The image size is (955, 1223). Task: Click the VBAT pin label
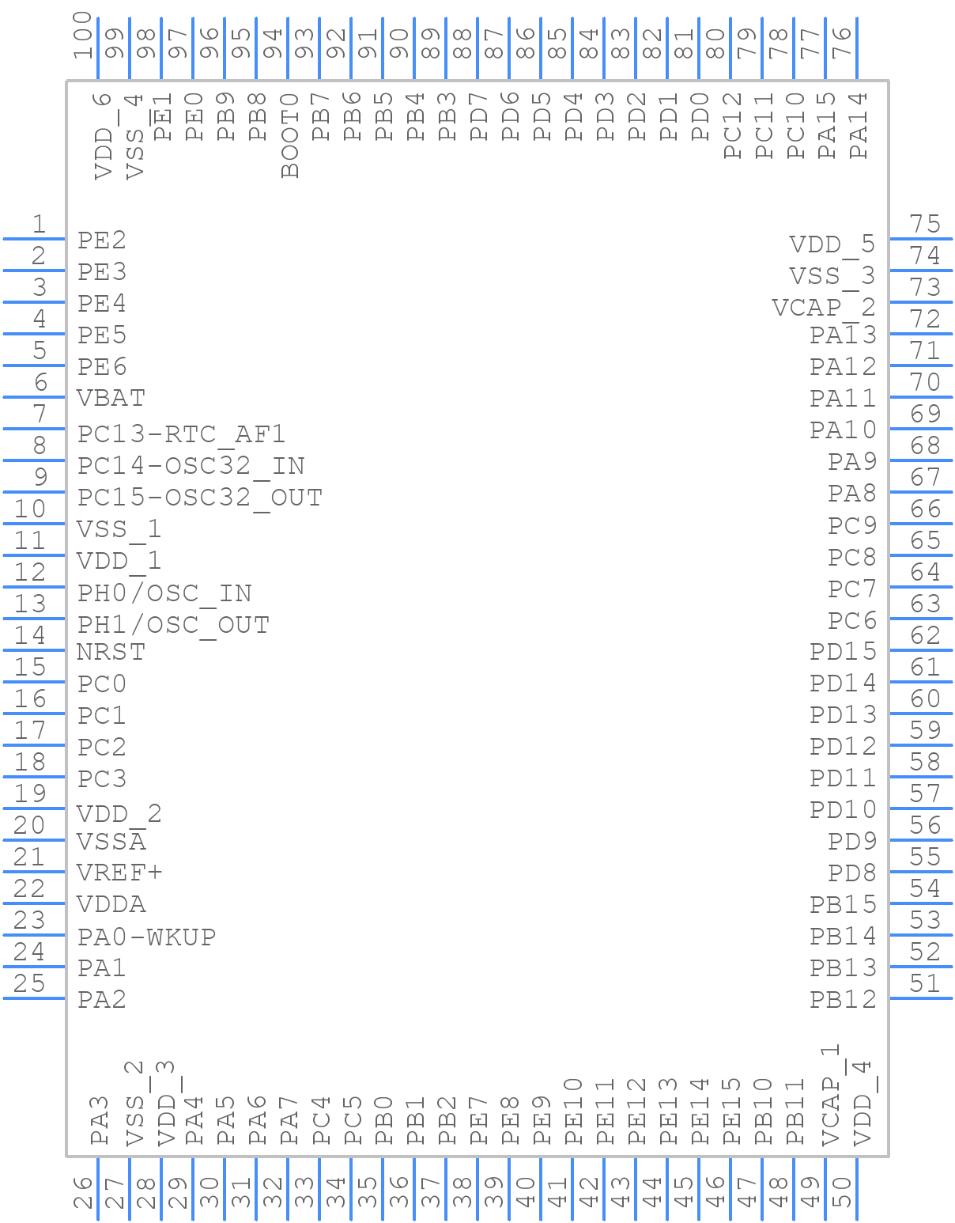tap(111, 398)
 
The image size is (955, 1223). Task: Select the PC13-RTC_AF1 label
tap(181, 434)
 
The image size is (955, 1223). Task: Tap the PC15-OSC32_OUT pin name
tap(199, 497)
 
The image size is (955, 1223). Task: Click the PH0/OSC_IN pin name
tap(164, 593)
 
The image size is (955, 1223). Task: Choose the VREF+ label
tap(119, 873)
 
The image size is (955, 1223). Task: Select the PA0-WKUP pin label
tap(146, 937)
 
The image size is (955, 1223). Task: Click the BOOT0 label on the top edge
tap(290, 135)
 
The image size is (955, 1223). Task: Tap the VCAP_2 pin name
tap(824, 307)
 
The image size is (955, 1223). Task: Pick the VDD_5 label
tap(832, 244)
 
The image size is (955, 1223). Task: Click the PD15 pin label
tap(843, 652)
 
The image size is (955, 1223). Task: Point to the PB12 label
tap(843, 999)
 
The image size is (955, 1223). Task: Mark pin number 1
tap(38, 225)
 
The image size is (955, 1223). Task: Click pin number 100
tap(83, 36)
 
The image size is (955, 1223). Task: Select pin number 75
tap(924, 225)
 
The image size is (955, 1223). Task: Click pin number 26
tap(83, 1192)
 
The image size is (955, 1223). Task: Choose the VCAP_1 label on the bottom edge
tap(829, 1096)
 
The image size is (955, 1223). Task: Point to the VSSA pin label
tap(111, 841)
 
